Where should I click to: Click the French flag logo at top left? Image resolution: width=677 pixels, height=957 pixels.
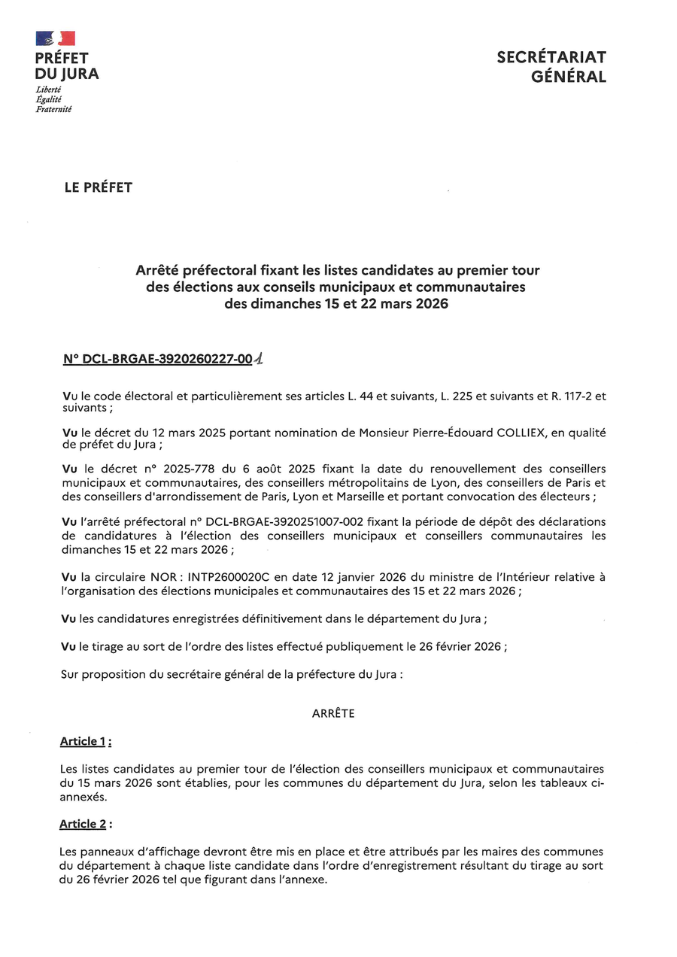55,38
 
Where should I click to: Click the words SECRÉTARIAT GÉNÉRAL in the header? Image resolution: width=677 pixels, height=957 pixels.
551,67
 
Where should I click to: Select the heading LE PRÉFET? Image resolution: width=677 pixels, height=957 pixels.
99,187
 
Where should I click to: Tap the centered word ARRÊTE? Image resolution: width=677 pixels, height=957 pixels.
333,713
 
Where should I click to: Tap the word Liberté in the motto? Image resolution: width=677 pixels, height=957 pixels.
49,90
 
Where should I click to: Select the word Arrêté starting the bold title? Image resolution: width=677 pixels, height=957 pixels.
158,269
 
